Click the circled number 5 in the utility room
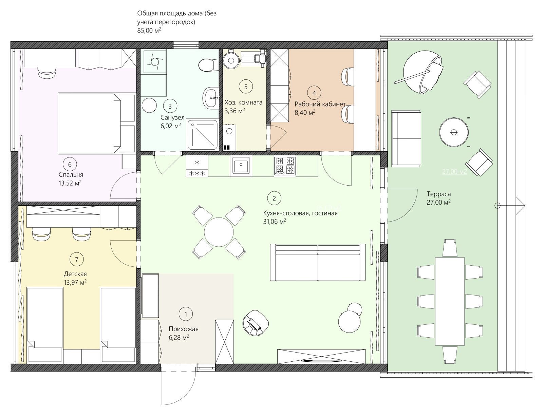[246, 87]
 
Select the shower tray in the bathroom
[202, 135]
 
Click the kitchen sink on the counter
[241, 165]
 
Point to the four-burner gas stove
[285, 165]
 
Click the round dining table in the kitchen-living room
[219, 232]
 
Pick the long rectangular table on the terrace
[450, 301]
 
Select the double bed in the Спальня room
[97, 124]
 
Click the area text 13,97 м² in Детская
[75, 282]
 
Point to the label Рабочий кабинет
[320, 104]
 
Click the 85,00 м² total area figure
[149, 31]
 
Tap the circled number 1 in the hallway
[186, 314]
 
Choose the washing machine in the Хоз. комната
[229, 137]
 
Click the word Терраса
[439, 194]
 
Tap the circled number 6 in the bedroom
[70, 165]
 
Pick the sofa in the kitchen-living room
[318, 262]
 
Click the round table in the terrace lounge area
[454, 132]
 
